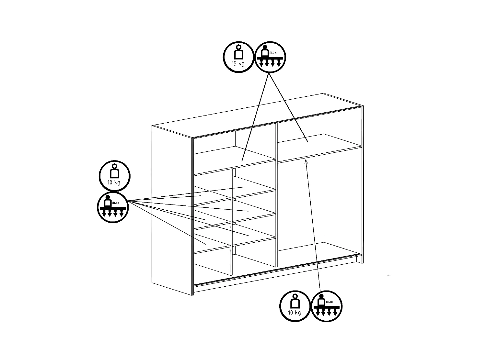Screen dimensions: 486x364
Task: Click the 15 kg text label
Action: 238,64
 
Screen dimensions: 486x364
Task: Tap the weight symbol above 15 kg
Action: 239,52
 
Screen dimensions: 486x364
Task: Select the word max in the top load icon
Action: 273,53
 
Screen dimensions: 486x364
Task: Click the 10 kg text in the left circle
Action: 114,182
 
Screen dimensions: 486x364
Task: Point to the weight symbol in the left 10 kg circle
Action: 114,171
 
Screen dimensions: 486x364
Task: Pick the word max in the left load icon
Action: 116,203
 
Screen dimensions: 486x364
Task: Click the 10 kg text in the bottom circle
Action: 295,313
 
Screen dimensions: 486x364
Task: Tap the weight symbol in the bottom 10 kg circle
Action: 295,301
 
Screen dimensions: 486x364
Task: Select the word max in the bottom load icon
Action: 330,302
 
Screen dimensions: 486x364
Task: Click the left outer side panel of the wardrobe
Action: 172,210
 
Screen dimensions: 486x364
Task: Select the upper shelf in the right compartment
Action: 319,148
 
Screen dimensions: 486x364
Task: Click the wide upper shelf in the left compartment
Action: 235,161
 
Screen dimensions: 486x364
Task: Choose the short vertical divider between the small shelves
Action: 232,222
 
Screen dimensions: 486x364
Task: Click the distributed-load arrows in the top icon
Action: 270,62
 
